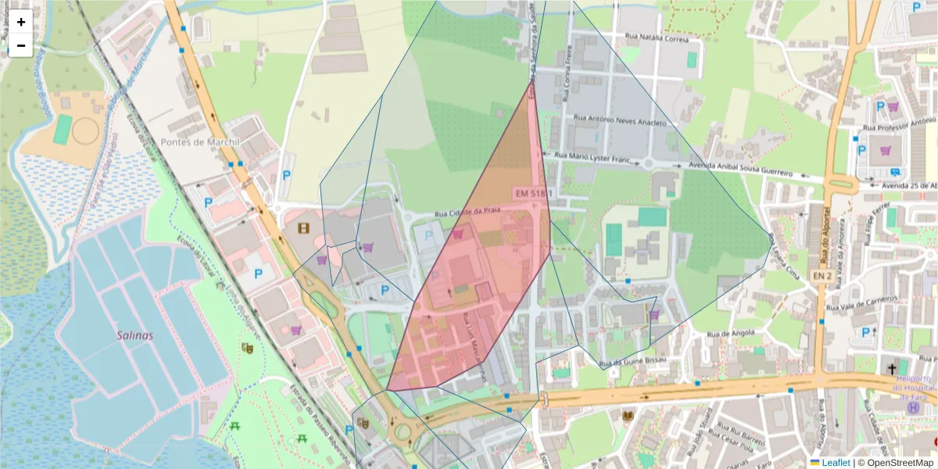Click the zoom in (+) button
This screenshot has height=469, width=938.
21,22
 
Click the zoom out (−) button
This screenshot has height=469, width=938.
21,45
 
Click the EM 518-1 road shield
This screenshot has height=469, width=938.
534,192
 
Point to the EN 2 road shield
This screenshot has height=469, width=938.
820,276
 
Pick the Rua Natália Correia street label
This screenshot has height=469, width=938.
657,36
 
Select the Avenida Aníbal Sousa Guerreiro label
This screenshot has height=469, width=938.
742,168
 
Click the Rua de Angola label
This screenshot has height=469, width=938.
730,334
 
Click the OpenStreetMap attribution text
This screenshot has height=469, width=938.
895,463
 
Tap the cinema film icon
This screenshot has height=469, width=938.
303,228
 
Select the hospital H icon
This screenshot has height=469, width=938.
912,407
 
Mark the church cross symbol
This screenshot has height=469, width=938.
892,367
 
